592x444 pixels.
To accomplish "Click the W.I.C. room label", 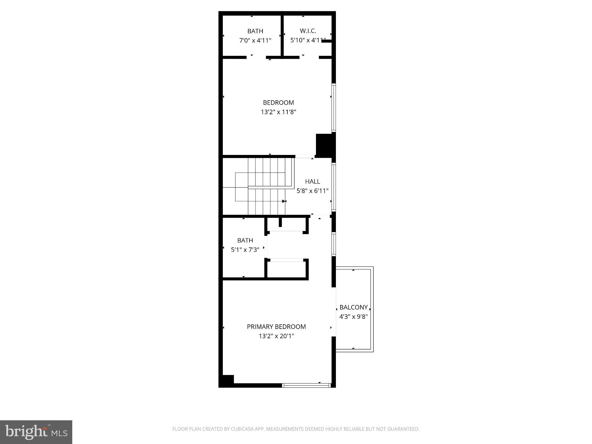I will tap(308, 31).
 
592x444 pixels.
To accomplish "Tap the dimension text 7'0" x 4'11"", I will tap(255, 40).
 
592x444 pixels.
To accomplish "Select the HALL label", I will tap(312, 182).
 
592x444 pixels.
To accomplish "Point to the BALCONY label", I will tap(354, 307).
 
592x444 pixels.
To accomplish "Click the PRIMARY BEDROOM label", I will tap(276, 327).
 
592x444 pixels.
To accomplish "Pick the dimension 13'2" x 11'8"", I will tap(279, 112).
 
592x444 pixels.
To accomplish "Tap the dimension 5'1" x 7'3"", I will tap(245, 250).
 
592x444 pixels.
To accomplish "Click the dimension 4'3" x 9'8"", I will tap(354, 317).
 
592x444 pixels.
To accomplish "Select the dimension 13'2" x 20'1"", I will tap(276, 336).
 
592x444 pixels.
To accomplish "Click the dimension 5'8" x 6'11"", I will tap(312, 191).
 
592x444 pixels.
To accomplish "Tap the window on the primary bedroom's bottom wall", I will tap(306, 385).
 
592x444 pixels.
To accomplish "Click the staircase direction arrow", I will tap(284, 201).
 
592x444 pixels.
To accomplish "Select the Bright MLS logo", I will tap(36, 432).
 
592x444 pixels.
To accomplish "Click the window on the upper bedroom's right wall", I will tap(334, 108).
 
